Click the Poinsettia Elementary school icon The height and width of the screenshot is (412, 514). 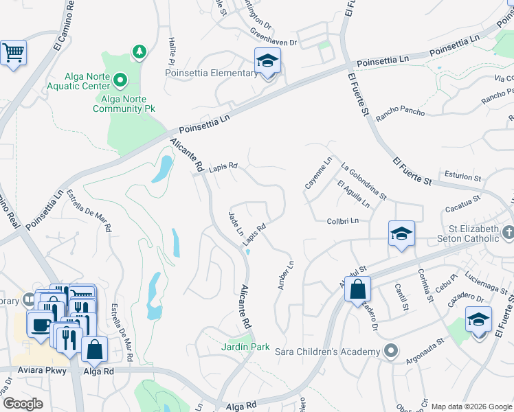point(267,61)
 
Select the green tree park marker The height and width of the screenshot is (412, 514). point(139,51)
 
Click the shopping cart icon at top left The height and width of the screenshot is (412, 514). point(13,52)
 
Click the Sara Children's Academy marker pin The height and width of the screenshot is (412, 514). point(390,352)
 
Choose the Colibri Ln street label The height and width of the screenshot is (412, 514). point(344,220)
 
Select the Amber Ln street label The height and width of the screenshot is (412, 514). point(285,275)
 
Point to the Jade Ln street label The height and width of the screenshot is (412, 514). point(236,224)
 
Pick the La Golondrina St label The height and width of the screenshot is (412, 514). point(364,181)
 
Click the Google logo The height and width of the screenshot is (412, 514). point(23,404)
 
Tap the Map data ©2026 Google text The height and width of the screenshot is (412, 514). point(471,407)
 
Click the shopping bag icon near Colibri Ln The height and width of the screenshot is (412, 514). point(357,289)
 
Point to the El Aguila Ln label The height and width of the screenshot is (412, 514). point(353,194)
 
